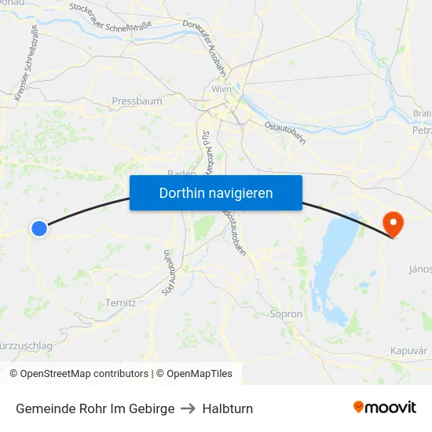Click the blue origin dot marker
[x=38, y=228]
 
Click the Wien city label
[x=221, y=90]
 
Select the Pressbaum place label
[x=137, y=101]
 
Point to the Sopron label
[x=285, y=313]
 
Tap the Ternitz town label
[x=120, y=302]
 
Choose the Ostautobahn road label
[x=284, y=131]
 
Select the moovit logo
[x=385, y=407]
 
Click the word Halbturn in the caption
[x=227, y=408]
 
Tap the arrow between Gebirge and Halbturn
[x=189, y=408]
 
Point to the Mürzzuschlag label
[x=26, y=346]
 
